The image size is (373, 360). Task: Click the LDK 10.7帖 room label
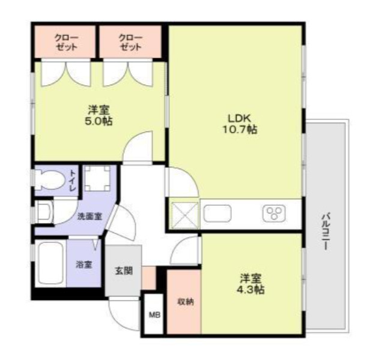(240, 124)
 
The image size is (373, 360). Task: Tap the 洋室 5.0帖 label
(99, 116)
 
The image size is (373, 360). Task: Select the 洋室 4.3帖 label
(252, 284)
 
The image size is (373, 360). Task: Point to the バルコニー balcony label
(326, 232)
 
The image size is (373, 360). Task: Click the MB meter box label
(154, 315)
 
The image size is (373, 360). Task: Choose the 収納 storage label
(186, 302)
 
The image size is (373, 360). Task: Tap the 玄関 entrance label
(124, 271)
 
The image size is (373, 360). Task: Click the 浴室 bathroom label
(84, 265)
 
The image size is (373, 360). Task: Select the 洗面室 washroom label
(90, 217)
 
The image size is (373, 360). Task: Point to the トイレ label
(73, 181)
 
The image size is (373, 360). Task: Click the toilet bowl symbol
(50, 180)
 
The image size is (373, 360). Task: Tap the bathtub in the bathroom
(50, 263)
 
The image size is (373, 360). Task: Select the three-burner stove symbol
(274, 213)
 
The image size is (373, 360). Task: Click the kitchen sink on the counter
(217, 213)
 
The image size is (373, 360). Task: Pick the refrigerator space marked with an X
(185, 215)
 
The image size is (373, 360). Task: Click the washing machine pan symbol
(97, 178)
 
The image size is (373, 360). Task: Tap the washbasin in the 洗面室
(44, 212)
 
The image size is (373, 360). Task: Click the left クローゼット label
(66, 42)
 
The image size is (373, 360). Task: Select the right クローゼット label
(130, 42)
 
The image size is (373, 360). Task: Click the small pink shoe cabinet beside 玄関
(149, 278)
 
